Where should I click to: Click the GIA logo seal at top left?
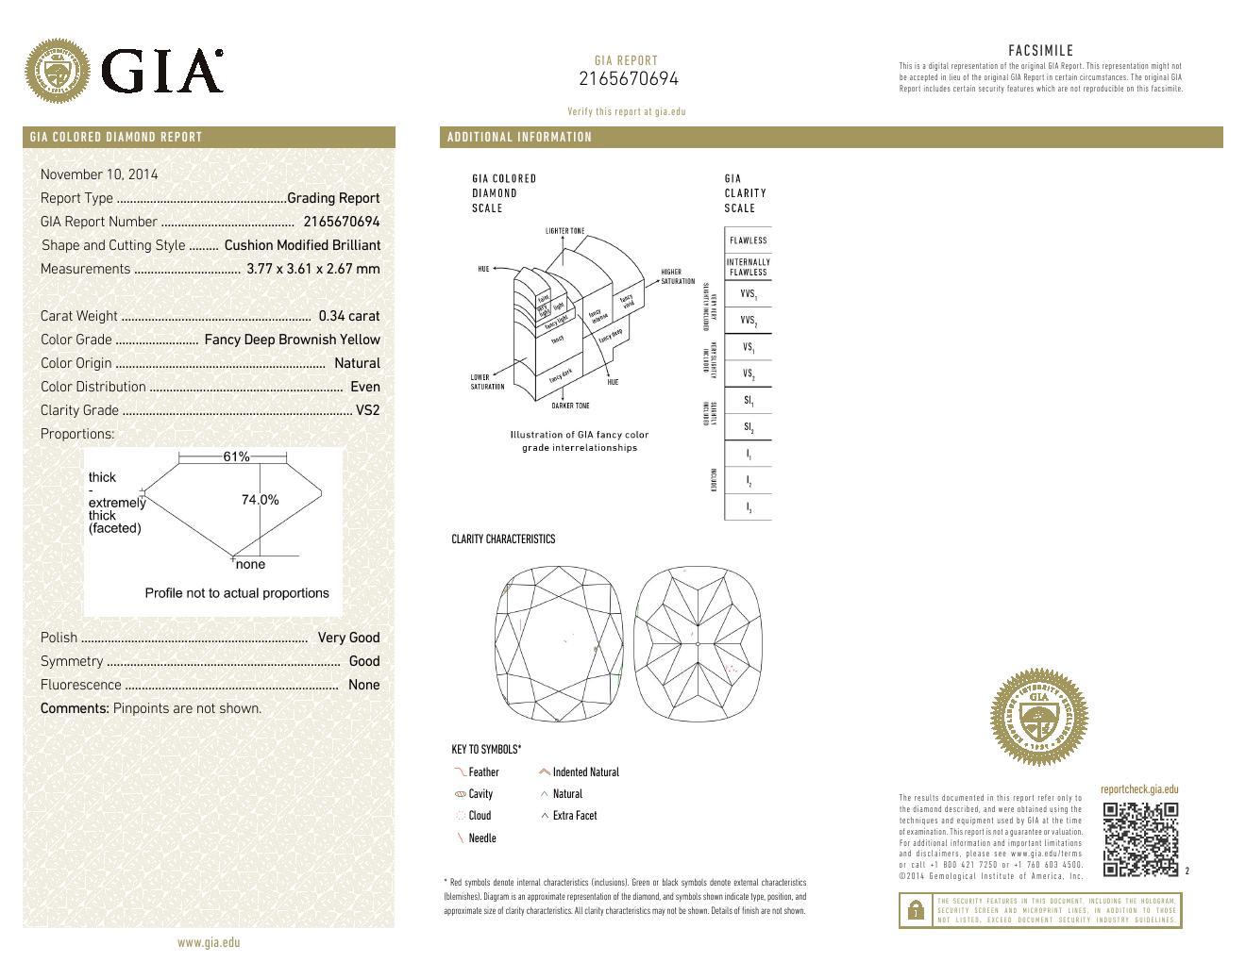[x=59, y=70]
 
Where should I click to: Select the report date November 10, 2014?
[x=99, y=174]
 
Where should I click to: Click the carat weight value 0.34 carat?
[x=348, y=316]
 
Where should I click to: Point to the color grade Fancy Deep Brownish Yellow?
[x=292, y=340]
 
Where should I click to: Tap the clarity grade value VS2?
[x=367, y=410]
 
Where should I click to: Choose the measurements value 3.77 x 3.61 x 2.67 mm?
[x=312, y=269]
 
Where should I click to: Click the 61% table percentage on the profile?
[x=236, y=456]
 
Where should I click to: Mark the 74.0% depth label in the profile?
[x=260, y=500]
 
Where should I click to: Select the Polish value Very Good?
[x=348, y=638]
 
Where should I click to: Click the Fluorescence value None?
[x=363, y=685]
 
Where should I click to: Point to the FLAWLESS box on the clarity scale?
[x=748, y=240]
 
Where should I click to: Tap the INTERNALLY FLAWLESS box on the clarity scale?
[x=748, y=267]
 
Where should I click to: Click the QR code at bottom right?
[x=1140, y=838]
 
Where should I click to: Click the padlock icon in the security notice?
[x=915, y=911]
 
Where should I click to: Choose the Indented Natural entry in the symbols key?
[x=584, y=772]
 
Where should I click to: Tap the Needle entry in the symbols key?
[x=481, y=838]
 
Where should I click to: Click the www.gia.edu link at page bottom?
[x=209, y=942]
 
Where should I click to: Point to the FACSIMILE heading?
[x=1040, y=51]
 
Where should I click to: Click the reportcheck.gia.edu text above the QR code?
[x=1138, y=789]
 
